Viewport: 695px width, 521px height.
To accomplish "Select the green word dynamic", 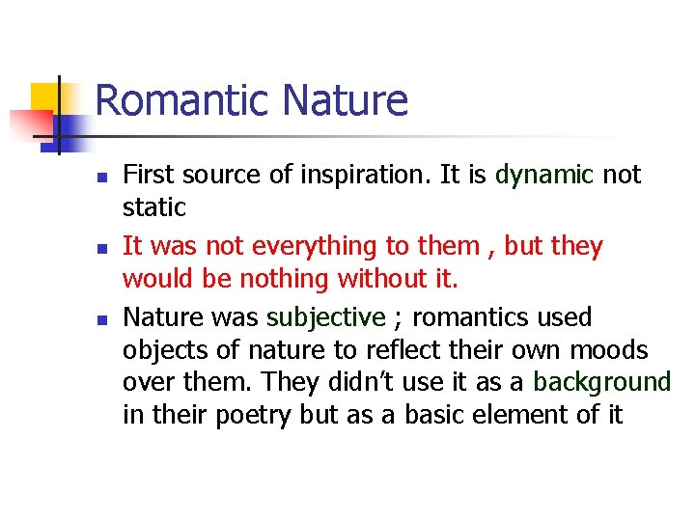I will [x=543, y=175].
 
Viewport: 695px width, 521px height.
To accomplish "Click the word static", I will [x=153, y=207].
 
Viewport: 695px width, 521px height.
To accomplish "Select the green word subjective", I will [x=326, y=318].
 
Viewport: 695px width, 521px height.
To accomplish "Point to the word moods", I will [x=611, y=350].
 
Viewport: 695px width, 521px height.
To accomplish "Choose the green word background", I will [x=602, y=382].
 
